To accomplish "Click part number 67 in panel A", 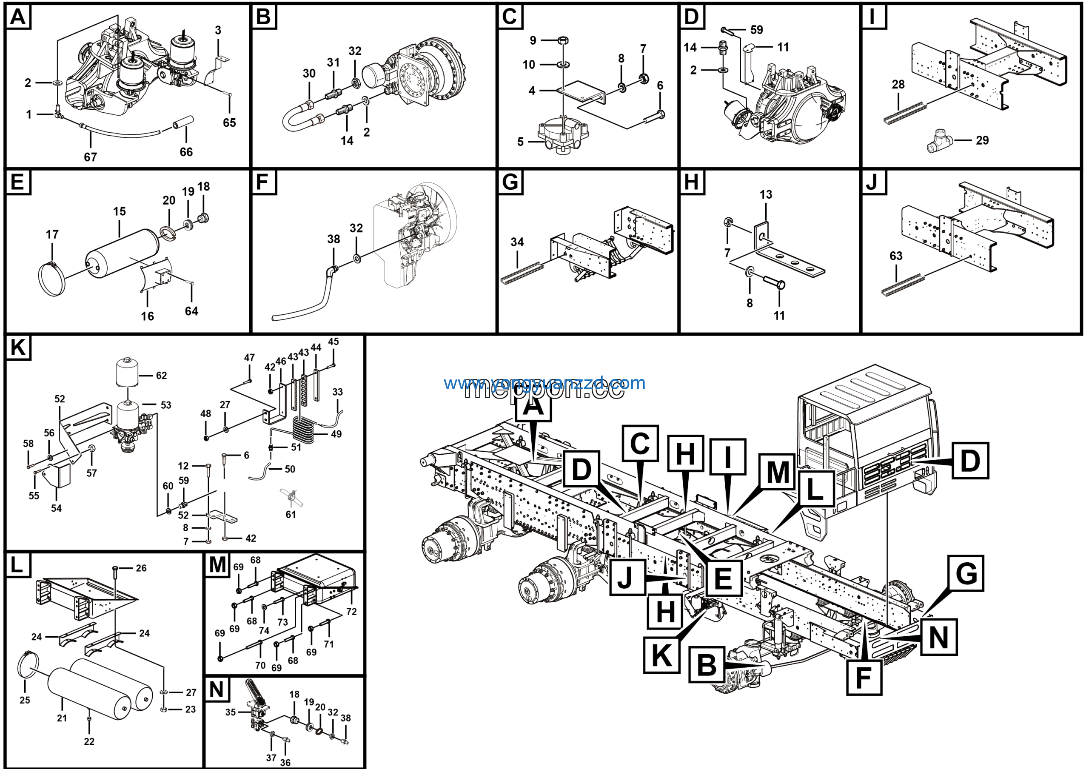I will point(90,157).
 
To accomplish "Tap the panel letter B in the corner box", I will point(263,17).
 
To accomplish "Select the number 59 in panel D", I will point(756,30).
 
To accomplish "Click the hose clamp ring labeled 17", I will point(52,279).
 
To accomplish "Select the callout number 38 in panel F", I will point(334,239).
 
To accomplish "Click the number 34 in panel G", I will point(517,242).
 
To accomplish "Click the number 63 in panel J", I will point(895,256).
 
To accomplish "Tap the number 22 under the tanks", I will point(89,741).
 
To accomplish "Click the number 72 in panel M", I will point(351,612).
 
